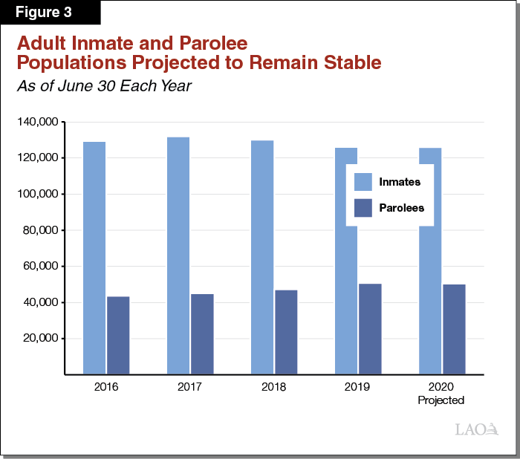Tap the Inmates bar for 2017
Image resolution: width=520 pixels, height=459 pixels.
(178, 255)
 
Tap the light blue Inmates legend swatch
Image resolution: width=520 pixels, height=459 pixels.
(363, 182)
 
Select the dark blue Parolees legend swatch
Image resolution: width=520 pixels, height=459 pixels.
(363, 208)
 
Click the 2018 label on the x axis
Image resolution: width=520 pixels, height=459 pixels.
(274, 388)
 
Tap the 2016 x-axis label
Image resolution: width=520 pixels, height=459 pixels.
(106, 388)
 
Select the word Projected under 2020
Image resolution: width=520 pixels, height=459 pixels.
(441, 400)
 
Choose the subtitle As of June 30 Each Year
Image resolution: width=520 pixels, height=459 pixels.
(105, 86)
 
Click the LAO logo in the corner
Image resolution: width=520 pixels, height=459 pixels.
(470, 429)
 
